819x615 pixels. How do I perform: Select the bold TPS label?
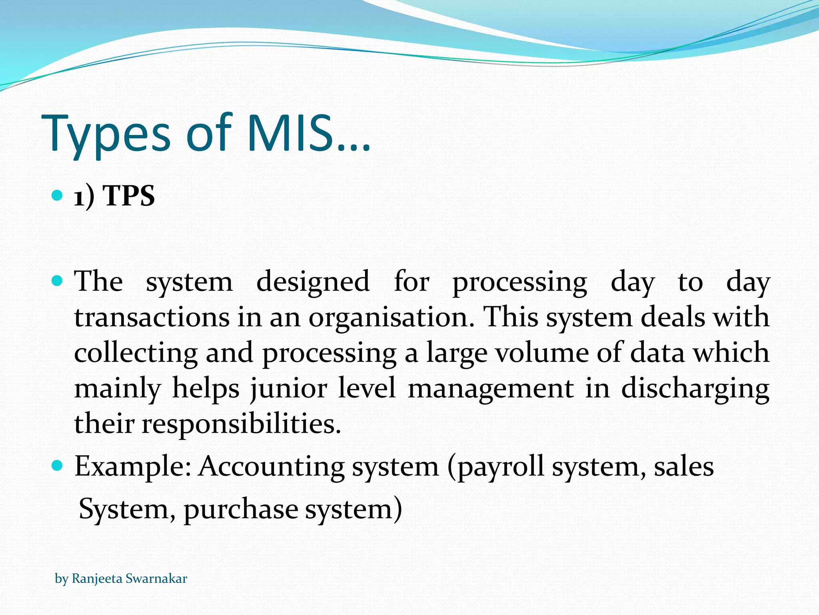[x=129, y=196]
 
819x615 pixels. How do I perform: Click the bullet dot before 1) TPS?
[x=58, y=195]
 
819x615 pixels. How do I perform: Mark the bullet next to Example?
[x=58, y=466]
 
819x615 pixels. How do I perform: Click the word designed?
[x=313, y=282]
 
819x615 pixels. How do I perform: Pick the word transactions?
[x=152, y=318]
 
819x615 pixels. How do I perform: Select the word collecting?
[x=136, y=353]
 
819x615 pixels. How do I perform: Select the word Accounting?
[x=272, y=467]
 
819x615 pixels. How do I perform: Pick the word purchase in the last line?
[x=241, y=510]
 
